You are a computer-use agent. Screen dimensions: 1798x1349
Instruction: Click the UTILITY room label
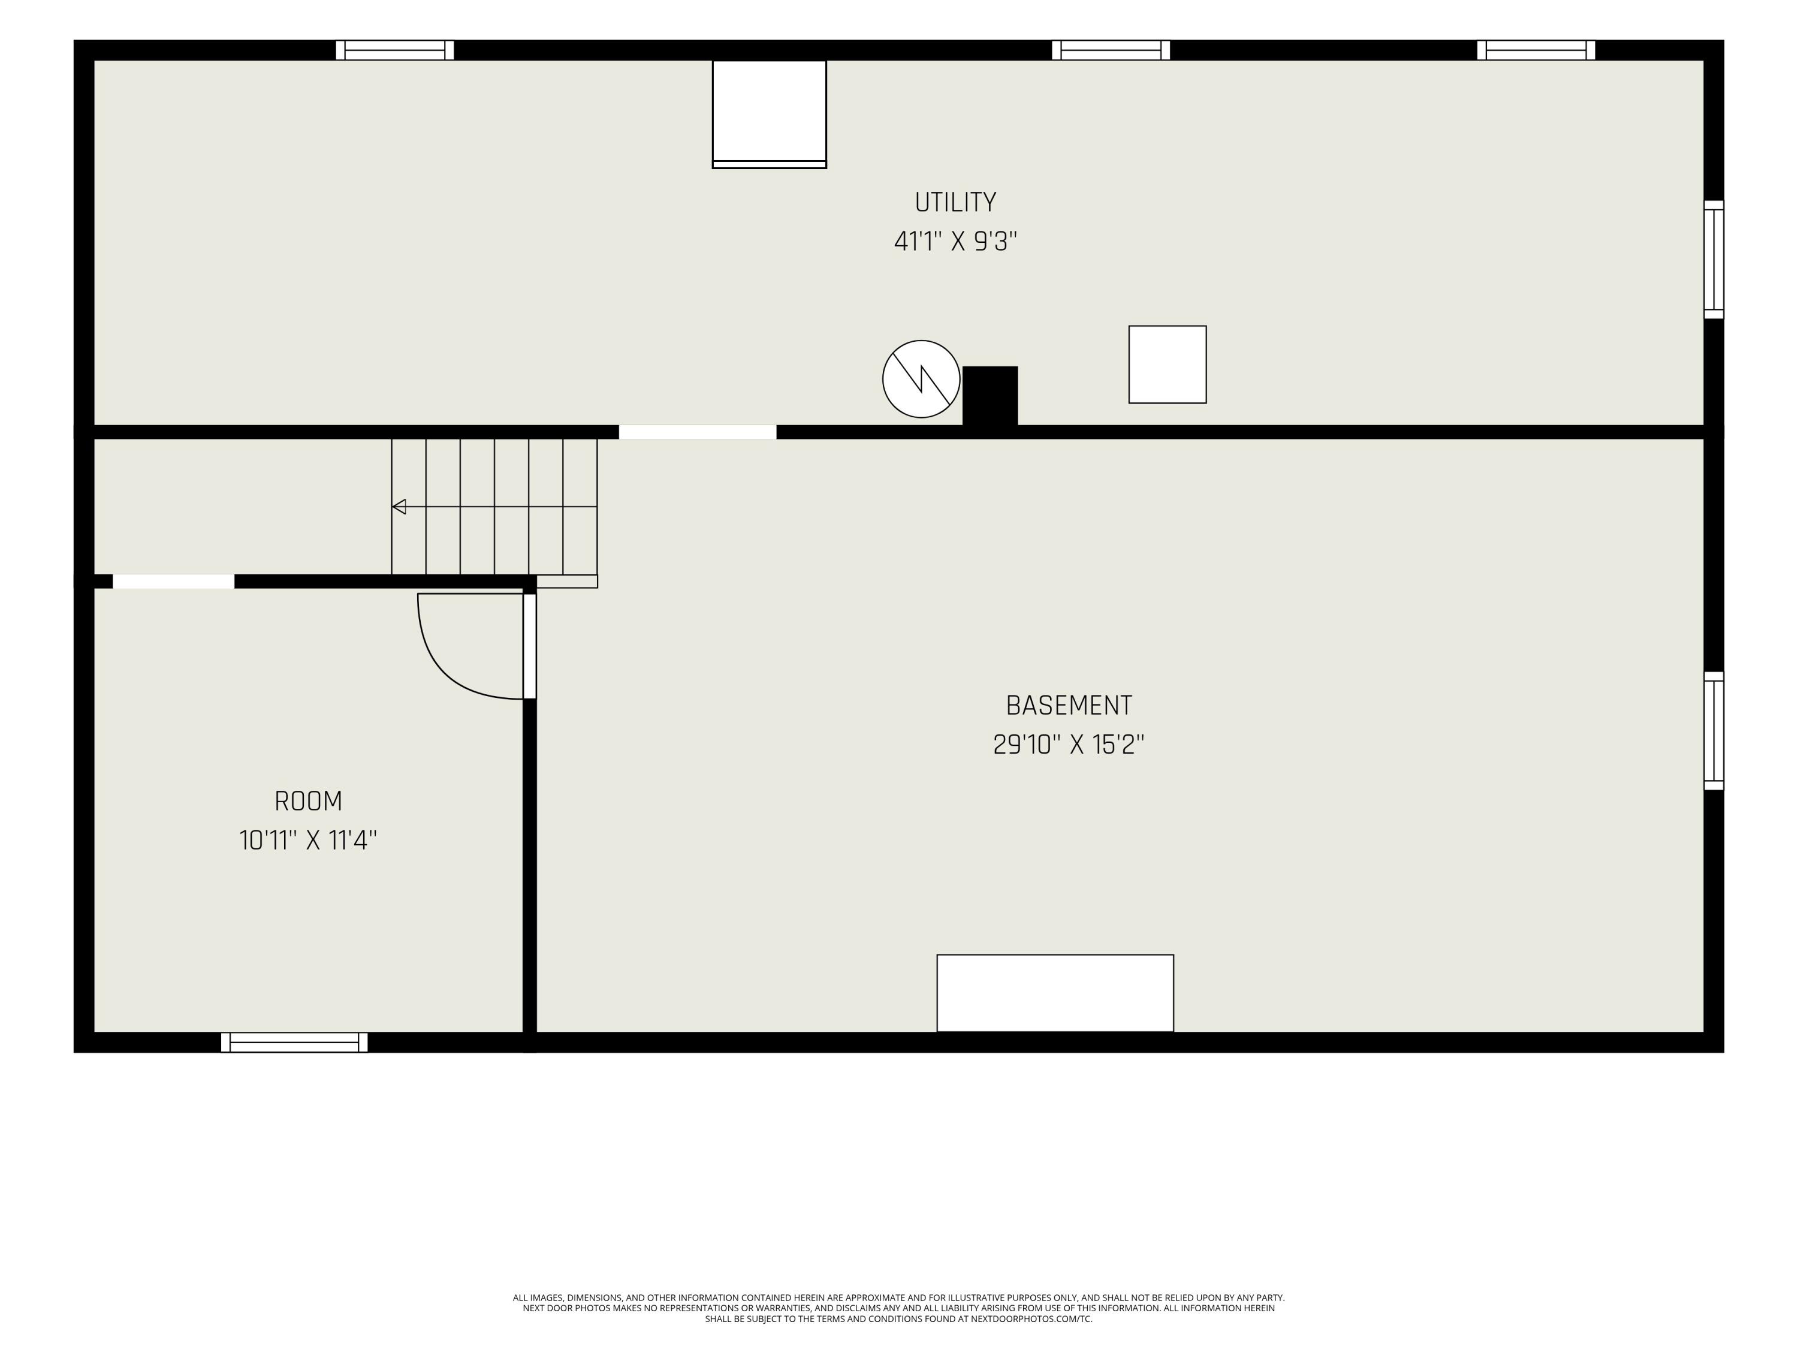click(x=955, y=201)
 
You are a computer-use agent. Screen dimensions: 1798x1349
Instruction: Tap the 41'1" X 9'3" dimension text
click(x=955, y=242)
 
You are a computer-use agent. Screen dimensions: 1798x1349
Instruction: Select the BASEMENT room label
click(x=1069, y=705)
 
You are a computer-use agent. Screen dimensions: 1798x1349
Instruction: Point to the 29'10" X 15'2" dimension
click(x=1069, y=744)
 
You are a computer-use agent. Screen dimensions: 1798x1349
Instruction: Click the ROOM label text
click(x=308, y=801)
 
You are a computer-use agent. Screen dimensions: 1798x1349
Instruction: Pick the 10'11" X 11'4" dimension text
click(x=308, y=840)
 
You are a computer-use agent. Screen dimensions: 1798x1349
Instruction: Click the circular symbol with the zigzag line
click(x=921, y=379)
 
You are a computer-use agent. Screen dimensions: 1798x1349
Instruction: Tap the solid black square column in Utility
click(x=990, y=396)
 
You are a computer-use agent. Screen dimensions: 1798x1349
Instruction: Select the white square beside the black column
click(x=1168, y=365)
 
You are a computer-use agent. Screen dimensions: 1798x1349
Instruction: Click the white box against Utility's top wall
click(x=769, y=114)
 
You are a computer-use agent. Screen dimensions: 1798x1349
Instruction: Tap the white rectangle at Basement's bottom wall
click(x=1055, y=993)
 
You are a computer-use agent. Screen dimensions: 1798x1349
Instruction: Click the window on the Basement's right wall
click(x=1713, y=730)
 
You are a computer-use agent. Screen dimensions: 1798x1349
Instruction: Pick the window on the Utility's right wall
click(x=1713, y=260)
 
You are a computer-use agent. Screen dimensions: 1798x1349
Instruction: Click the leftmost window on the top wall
click(x=395, y=50)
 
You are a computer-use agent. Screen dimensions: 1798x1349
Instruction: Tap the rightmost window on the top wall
click(x=1536, y=50)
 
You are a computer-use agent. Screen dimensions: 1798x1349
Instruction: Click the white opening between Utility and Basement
click(x=698, y=432)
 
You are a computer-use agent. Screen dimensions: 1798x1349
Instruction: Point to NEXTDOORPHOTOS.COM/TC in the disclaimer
click(x=1031, y=1319)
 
